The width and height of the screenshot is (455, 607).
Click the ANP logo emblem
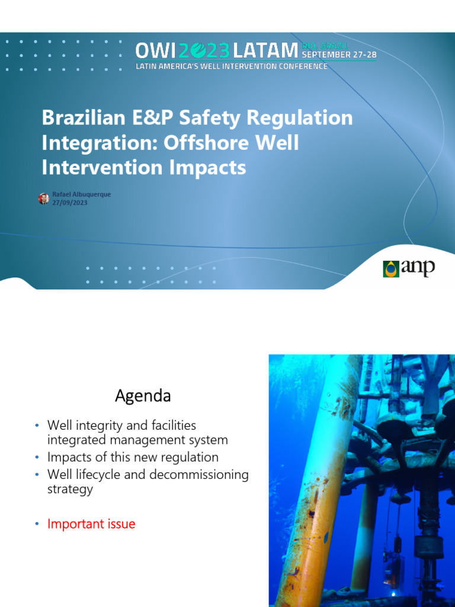(x=391, y=269)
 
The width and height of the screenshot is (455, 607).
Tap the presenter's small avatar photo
(x=44, y=199)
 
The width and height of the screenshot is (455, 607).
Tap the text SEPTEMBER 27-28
(x=339, y=55)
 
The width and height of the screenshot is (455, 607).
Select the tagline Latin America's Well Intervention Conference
(x=231, y=66)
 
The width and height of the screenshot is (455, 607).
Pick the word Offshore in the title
(x=201, y=143)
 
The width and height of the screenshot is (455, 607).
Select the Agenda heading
(x=143, y=395)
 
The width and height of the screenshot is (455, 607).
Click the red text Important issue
(x=91, y=524)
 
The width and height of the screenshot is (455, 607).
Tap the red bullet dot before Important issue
(x=37, y=524)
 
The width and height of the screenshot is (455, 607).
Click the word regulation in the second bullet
(x=188, y=458)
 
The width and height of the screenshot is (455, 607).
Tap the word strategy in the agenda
(x=70, y=490)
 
